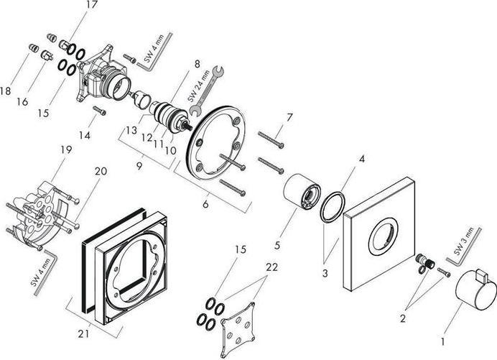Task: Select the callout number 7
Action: click(x=289, y=116)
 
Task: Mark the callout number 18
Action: click(x=6, y=91)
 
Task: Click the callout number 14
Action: click(x=86, y=135)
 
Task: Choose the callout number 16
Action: click(x=22, y=102)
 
